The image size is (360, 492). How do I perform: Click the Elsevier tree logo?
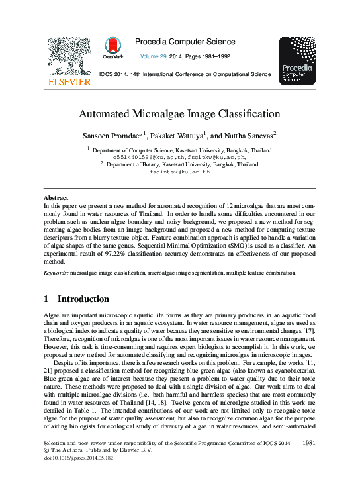[68, 56]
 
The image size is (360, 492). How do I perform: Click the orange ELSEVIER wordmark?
[69, 82]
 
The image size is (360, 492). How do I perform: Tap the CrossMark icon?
[114, 48]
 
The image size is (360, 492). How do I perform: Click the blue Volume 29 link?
[156, 57]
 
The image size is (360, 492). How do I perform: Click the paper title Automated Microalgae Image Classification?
[179, 113]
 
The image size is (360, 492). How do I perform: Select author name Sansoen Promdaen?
[126, 135]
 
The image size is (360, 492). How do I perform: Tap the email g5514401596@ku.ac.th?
[140, 158]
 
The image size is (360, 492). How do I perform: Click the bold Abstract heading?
[56, 198]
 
